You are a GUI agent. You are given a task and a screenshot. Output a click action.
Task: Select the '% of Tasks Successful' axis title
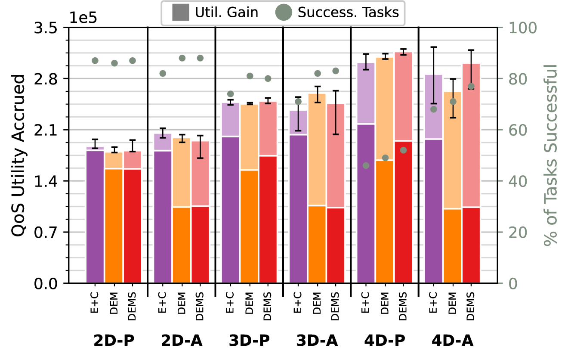point(551,155)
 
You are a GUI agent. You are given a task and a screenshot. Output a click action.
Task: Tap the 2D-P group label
point(114,341)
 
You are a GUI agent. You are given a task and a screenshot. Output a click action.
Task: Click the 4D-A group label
point(452,341)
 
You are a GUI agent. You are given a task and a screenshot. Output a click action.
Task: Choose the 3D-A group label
point(317,341)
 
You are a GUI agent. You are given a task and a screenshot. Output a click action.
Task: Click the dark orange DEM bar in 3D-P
point(249,227)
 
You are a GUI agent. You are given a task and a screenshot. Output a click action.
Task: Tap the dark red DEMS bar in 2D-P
point(133,226)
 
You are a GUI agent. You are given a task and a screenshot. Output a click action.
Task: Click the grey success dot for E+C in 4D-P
point(366,165)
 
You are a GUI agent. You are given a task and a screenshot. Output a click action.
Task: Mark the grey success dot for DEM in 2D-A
point(182,58)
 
